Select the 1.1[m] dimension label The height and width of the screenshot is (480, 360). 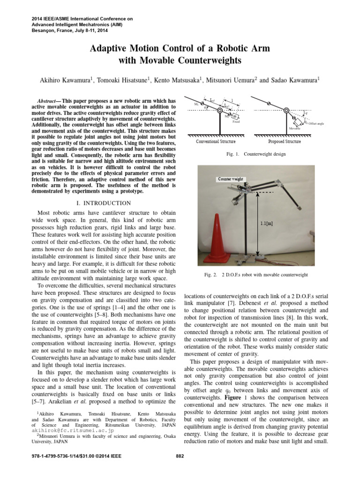[x=267, y=223]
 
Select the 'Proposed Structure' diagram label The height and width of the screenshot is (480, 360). [x=285, y=141]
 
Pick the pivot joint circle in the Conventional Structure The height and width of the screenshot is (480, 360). [x=219, y=111]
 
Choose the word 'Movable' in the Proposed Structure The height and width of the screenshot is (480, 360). [x=295, y=127]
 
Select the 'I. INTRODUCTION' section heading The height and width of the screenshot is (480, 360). [x=104, y=203]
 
